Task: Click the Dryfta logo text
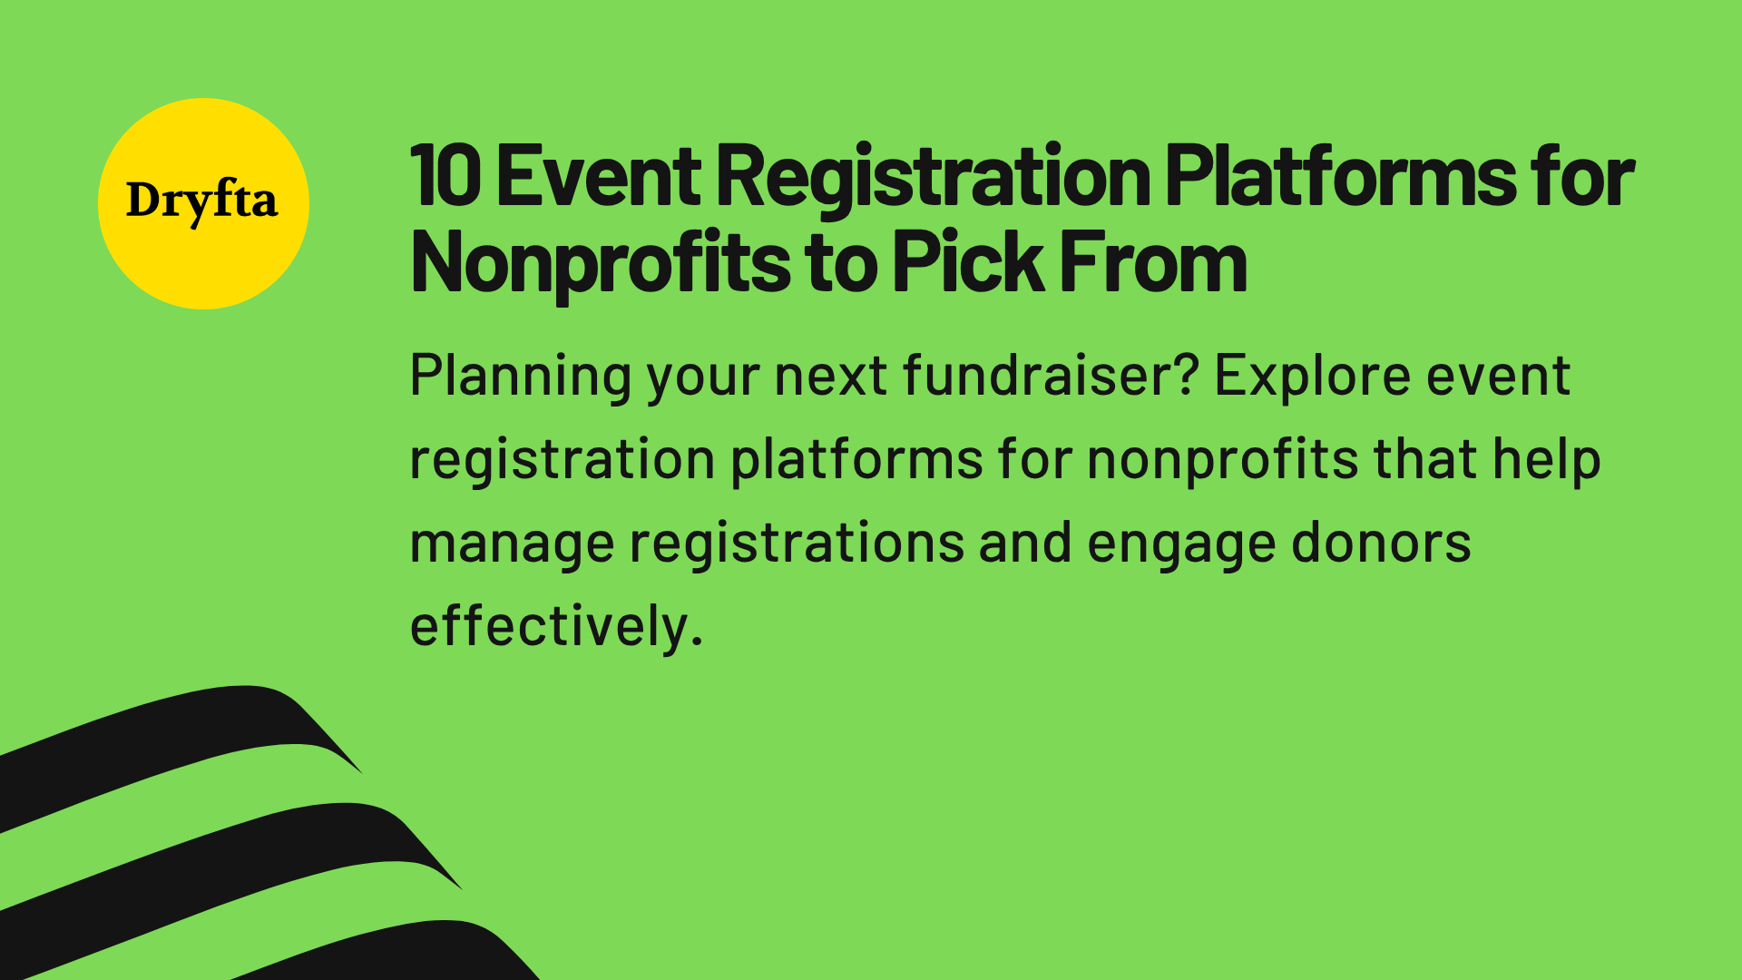201,201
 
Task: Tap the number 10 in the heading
445,177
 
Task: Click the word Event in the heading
598,177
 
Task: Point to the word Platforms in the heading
1339,177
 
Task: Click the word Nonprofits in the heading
600,263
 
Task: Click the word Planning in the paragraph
520,377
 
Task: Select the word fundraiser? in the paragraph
1051,377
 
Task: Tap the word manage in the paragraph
511,544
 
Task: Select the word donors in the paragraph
1380,544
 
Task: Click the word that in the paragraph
1424,460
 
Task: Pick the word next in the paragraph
830,377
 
